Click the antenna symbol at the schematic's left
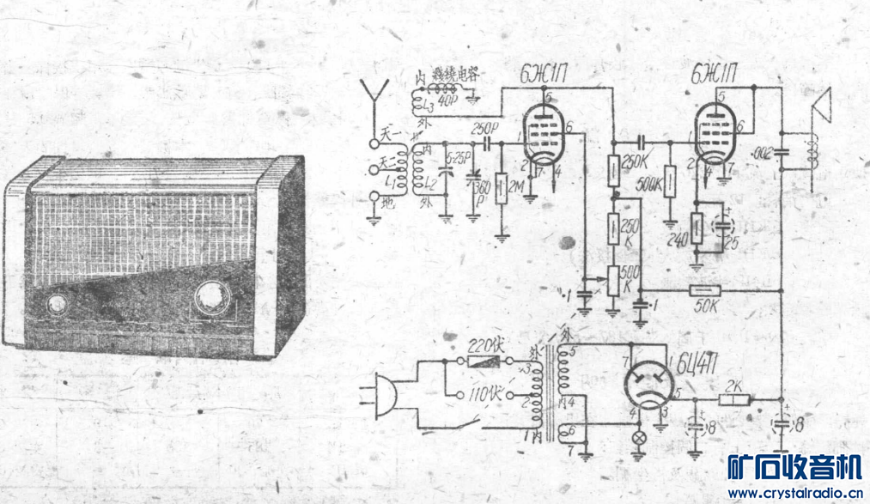374,93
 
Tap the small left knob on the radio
58,304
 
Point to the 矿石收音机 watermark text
794,469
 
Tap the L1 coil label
392,181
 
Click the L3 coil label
428,106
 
